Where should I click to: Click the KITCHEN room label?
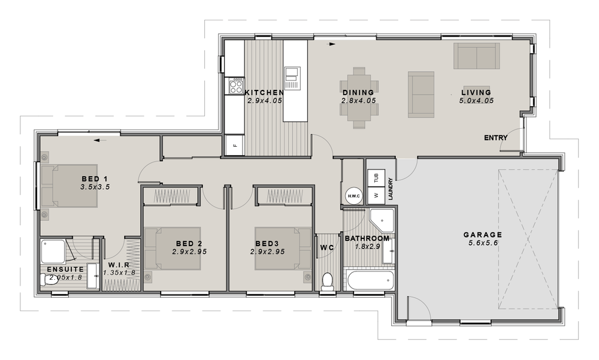click(x=264, y=93)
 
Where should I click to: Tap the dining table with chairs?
click(x=358, y=97)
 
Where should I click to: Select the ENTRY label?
click(x=495, y=138)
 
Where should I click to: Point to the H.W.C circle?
click(x=352, y=196)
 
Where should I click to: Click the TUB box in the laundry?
click(x=376, y=178)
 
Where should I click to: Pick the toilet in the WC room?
click(x=327, y=282)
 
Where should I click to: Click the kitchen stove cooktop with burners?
click(x=235, y=86)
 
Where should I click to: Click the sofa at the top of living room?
click(x=476, y=56)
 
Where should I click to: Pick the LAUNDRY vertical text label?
click(x=390, y=188)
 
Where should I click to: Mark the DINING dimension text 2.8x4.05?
click(x=358, y=101)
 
